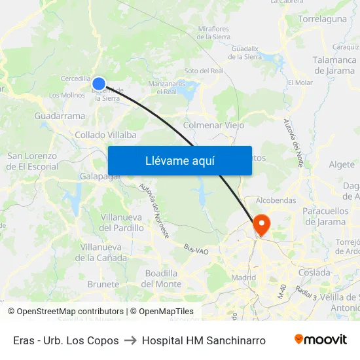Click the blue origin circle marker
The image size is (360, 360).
99,83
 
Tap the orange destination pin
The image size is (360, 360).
261,225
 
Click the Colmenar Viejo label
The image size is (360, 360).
214,125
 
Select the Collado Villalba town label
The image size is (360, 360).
105,135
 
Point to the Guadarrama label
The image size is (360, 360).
60,116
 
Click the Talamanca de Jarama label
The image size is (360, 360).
334,65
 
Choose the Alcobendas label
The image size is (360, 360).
276,200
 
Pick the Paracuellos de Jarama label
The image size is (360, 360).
325,216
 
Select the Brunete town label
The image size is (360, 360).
103,285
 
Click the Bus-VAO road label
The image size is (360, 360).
196,249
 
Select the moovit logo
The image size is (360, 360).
320,340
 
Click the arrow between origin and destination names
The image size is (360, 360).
130,340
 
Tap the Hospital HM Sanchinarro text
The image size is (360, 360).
204,340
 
